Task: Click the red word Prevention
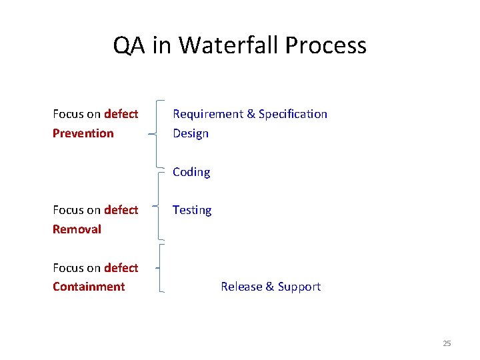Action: point(83,133)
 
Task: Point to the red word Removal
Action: point(77,229)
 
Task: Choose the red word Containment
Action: point(89,287)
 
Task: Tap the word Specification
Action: point(293,114)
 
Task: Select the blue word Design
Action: point(191,133)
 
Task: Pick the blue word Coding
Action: point(191,172)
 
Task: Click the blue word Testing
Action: point(192,210)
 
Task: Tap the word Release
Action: point(241,287)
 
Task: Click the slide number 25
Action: point(447,343)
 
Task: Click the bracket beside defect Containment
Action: point(160,268)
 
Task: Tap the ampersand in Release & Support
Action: point(270,287)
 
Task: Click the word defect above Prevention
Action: point(121,114)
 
